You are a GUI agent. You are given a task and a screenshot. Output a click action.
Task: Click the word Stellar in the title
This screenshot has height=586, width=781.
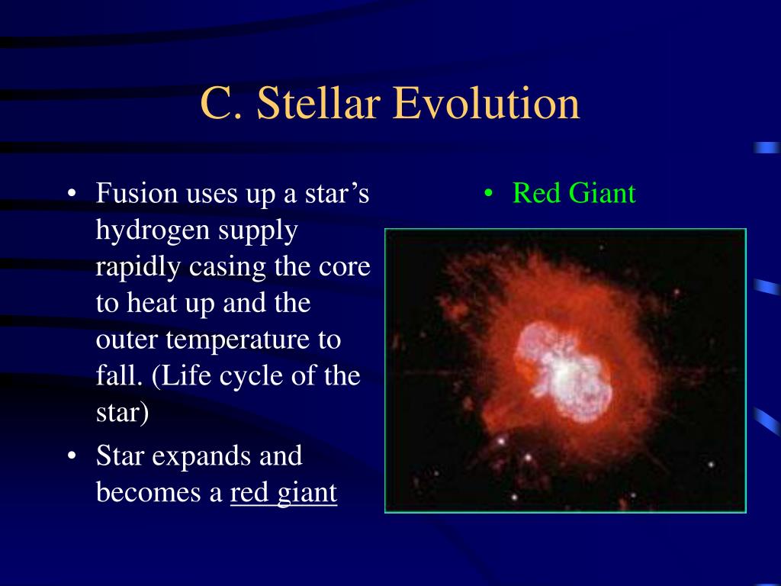pos(319,103)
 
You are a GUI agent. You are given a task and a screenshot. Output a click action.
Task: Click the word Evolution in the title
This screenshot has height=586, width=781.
pos(487,103)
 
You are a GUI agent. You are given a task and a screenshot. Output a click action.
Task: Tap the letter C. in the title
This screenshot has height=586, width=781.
pos(222,103)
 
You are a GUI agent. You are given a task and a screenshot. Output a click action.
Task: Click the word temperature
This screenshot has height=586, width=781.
pos(238,340)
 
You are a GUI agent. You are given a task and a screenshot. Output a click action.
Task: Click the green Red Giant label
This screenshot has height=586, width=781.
pos(574,193)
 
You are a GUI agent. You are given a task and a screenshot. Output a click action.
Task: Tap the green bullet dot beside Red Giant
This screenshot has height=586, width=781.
pos(489,193)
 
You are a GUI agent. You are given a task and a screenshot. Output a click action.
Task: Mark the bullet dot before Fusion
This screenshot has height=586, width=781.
pos(72,193)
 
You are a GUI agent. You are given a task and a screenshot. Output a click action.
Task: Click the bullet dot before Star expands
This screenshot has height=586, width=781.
pos(72,456)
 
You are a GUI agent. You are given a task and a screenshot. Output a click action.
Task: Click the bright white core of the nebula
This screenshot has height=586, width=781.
pos(564,372)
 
